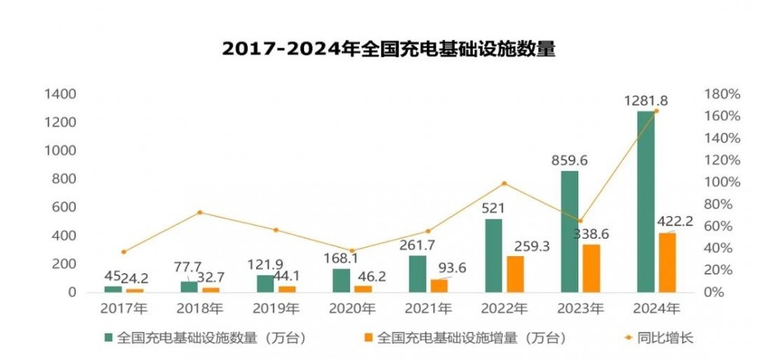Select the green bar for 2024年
coord(646,201)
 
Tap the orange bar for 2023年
coord(591,268)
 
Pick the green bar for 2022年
coord(493,255)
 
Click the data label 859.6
coord(571,161)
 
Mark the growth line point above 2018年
coord(200,212)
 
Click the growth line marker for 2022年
coord(504,183)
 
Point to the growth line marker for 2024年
coord(656,111)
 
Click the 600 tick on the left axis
coord(64,207)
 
